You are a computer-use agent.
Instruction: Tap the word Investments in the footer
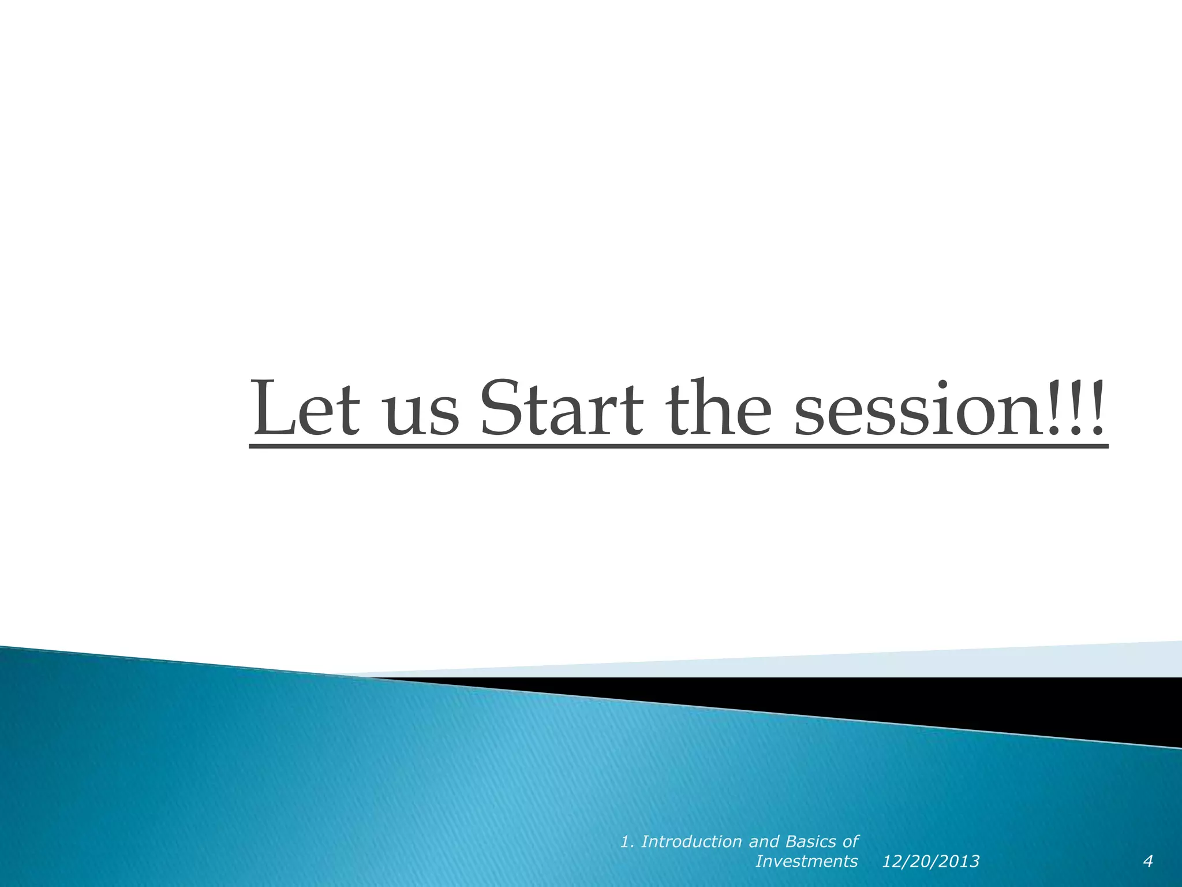[806, 862]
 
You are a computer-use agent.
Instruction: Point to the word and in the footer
[764, 842]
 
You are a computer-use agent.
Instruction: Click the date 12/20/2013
[930, 862]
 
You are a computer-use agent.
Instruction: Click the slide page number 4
[1148, 862]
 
